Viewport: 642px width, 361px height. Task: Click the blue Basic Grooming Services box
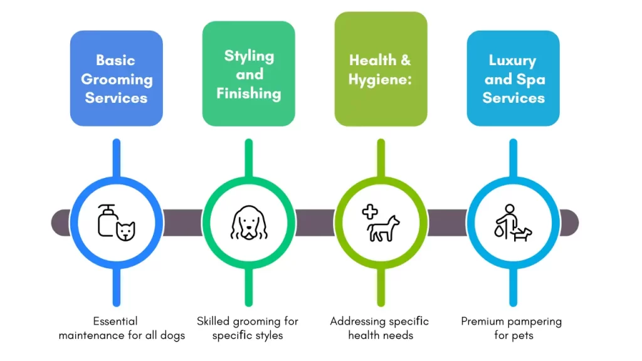[x=116, y=78]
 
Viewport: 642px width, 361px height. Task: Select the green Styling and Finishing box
[x=248, y=74]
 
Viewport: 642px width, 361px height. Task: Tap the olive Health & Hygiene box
[x=381, y=69]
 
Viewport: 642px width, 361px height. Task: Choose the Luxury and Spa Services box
[x=513, y=78]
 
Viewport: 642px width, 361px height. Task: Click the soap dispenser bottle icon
[x=107, y=219]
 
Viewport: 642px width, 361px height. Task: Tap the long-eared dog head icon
[x=249, y=222]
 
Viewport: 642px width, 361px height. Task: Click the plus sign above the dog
[x=370, y=212]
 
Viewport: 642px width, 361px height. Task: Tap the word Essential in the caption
[x=115, y=322]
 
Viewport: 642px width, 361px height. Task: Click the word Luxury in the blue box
[x=513, y=61]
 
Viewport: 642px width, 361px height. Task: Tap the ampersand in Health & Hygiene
[x=406, y=61]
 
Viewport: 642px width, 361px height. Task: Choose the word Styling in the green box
[x=249, y=56]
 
